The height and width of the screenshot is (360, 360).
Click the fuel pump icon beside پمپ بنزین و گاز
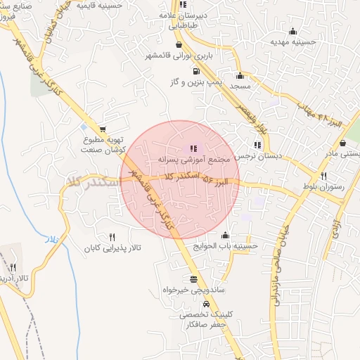(x=194, y=71)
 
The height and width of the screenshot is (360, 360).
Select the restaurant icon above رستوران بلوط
(x=323, y=176)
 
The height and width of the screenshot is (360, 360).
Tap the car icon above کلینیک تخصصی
(x=205, y=304)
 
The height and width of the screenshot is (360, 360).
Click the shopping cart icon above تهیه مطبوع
(x=103, y=129)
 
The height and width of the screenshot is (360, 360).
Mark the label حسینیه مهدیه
(x=292, y=42)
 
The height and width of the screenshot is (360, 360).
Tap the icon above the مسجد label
(x=240, y=75)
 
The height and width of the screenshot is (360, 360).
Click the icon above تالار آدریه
(x=13, y=267)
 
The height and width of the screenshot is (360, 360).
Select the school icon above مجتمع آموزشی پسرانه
(x=193, y=148)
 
